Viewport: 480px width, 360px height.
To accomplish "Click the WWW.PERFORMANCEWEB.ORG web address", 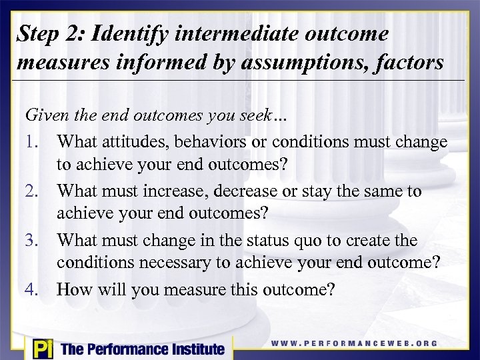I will click(354, 343).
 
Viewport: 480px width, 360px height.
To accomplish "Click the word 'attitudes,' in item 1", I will click(129, 143).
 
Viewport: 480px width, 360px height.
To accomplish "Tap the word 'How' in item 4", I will click(73, 289).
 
